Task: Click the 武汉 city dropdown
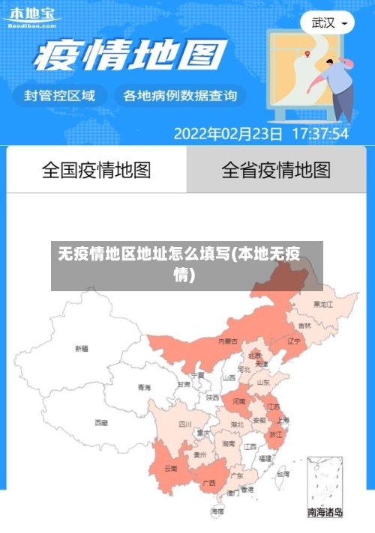click(x=328, y=22)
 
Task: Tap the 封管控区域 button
click(x=60, y=96)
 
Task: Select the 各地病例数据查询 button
click(x=180, y=96)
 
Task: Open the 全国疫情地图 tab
click(x=96, y=170)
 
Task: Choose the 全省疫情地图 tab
click(x=276, y=170)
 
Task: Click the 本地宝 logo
click(x=31, y=16)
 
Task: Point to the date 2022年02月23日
click(x=228, y=135)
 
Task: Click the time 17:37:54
click(x=319, y=135)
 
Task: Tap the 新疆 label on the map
click(x=82, y=348)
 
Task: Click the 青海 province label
click(x=144, y=388)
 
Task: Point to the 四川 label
click(x=185, y=424)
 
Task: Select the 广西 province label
click(x=209, y=482)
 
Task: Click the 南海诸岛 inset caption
click(x=325, y=513)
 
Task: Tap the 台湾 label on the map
click(x=282, y=474)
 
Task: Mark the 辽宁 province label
click(x=294, y=341)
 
